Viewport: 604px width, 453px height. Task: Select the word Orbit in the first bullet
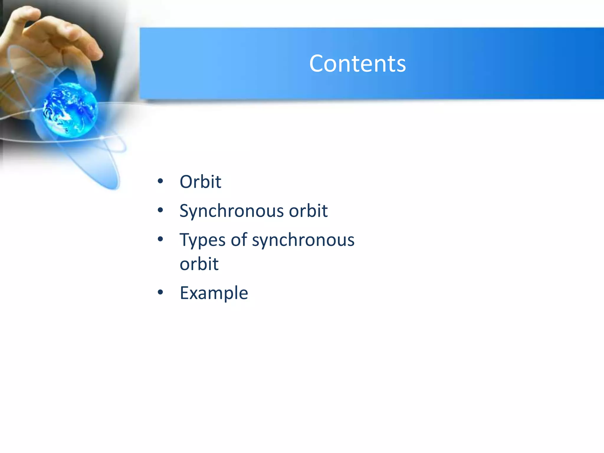pyautogui.click(x=200, y=182)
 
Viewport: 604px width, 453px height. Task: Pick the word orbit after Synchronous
pyautogui.click(x=308, y=211)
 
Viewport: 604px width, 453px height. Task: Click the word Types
pyautogui.click(x=203, y=240)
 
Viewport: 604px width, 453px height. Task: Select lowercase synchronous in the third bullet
pyautogui.click(x=303, y=240)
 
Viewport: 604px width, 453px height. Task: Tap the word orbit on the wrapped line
pyautogui.click(x=199, y=264)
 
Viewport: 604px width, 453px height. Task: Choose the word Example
pyautogui.click(x=214, y=293)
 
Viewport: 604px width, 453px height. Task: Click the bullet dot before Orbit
pyautogui.click(x=160, y=181)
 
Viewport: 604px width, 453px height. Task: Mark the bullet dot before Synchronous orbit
pyautogui.click(x=160, y=210)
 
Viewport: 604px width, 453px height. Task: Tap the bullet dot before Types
pyautogui.click(x=160, y=239)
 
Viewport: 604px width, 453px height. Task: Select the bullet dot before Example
pyautogui.click(x=160, y=292)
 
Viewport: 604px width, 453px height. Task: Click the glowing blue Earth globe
pyautogui.click(x=70, y=110)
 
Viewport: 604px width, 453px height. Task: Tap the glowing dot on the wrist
pyautogui.click(x=13, y=72)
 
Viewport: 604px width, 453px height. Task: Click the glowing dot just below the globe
pyautogui.click(x=102, y=137)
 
